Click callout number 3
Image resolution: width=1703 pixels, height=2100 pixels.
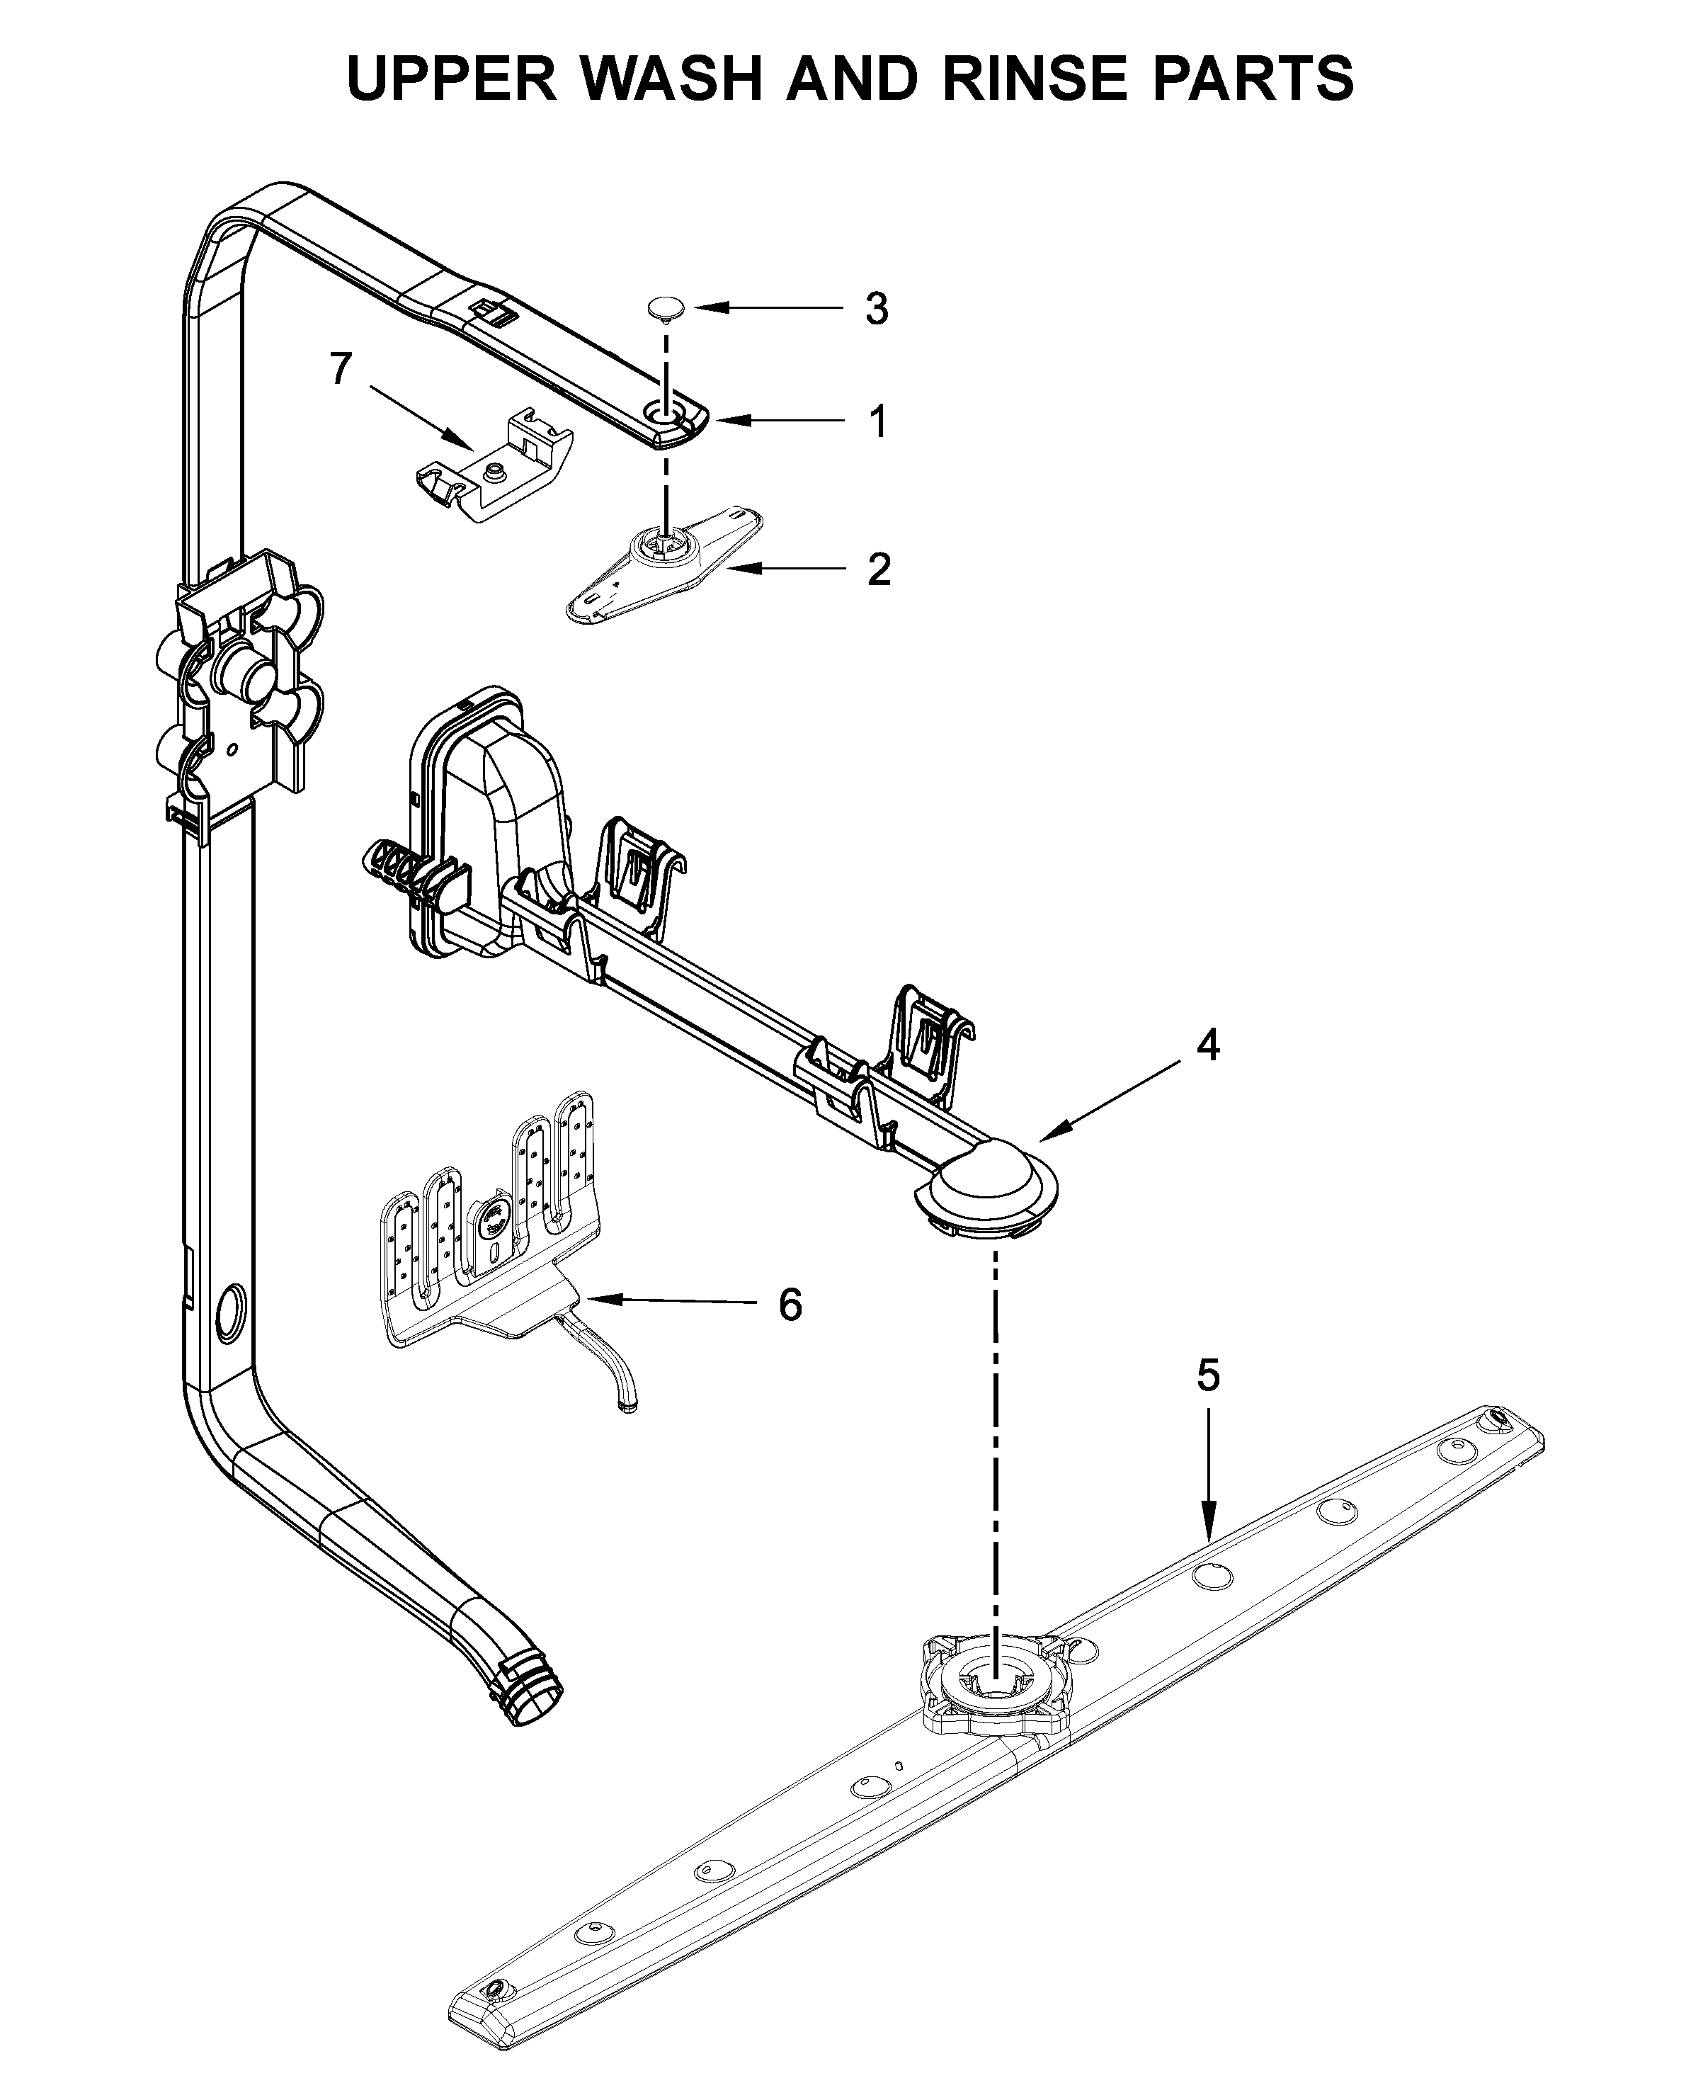coord(876,309)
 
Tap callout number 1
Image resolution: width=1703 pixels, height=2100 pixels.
coord(878,422)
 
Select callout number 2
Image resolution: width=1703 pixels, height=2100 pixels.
coord(878,569)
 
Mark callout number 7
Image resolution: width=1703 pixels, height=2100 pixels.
coord(339,369)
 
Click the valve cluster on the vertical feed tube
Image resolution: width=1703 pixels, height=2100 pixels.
coord(240,687)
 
